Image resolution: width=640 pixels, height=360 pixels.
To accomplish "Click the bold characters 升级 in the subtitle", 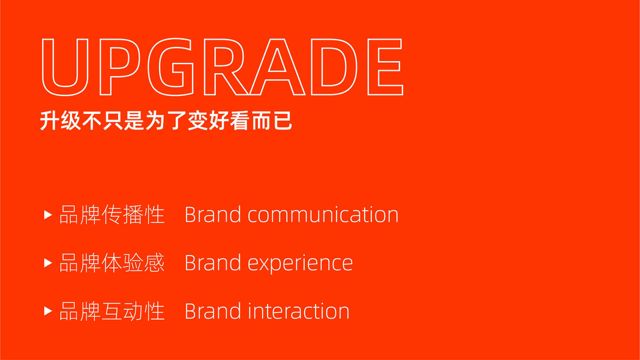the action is [x=61, y=121].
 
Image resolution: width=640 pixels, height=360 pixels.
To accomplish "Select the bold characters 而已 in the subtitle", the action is [x=272, y=121].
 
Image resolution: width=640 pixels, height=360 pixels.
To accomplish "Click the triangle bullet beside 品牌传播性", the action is [x=48, y=215].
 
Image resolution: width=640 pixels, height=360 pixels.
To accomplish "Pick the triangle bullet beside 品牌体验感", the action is [x=48, y=263].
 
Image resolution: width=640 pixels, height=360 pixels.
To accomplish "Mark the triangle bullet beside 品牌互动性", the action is [x=48, y=311].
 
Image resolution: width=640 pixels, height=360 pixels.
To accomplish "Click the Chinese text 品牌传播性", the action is [x=112, y=215].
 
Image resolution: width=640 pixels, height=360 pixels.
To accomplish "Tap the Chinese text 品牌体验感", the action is [x=112, y=263].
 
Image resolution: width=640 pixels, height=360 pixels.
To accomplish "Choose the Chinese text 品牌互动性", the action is [x=112, y=311].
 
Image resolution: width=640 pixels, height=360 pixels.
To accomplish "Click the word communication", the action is [x=323, y=215].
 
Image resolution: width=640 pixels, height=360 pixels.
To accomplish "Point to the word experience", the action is [x=300, y=263].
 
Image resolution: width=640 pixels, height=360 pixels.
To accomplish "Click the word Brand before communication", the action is [x=213, y=215].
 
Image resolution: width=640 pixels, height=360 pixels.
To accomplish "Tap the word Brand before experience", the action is [x=213, y=263].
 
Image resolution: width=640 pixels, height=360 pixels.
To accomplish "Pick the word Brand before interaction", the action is [x=213, y=311].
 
